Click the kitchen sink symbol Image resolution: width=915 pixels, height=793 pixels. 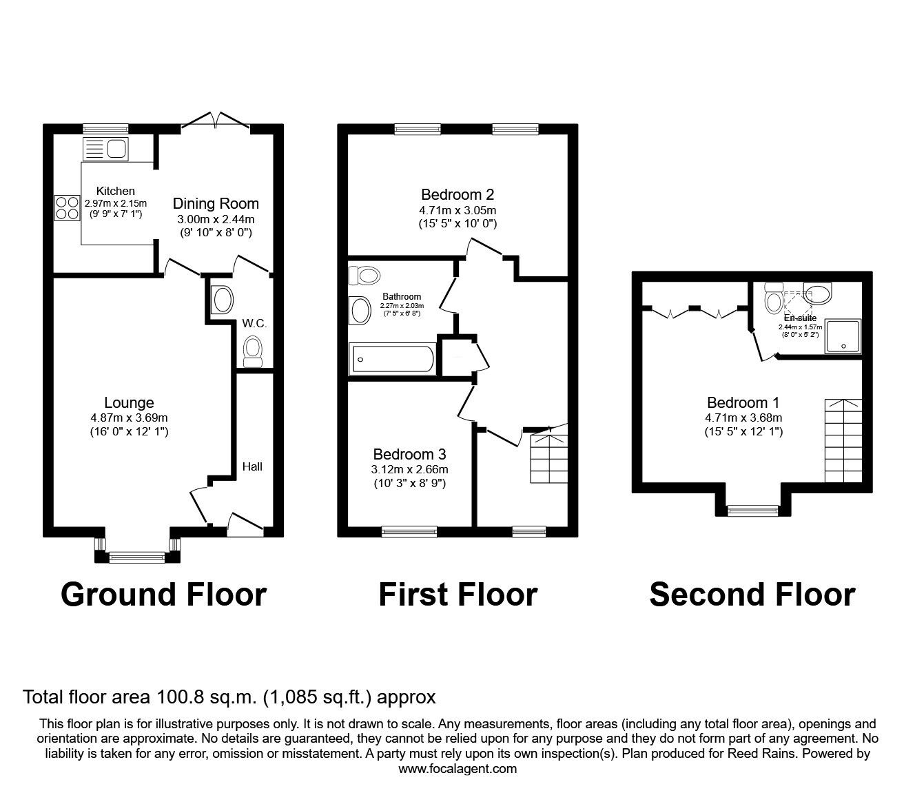104,149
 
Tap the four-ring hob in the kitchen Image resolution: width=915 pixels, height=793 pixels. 67,207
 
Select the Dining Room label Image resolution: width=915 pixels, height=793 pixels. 216,203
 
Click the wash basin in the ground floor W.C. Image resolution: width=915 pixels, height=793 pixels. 223,300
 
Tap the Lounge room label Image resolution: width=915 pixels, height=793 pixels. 129,402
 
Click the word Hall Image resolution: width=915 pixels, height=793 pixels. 252,466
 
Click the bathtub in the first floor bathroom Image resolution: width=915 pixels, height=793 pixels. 393,359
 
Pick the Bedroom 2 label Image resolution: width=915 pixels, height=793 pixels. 457,195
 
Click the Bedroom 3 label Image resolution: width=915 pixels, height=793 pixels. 409,454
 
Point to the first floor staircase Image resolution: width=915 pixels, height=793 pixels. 548,457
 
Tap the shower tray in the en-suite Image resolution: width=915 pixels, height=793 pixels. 843,337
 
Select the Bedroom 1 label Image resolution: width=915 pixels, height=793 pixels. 743,402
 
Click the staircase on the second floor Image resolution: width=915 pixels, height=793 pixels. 843,441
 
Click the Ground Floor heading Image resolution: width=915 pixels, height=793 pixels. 163,594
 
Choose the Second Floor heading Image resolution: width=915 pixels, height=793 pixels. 752,594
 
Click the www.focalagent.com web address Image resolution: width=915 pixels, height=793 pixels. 457,769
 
